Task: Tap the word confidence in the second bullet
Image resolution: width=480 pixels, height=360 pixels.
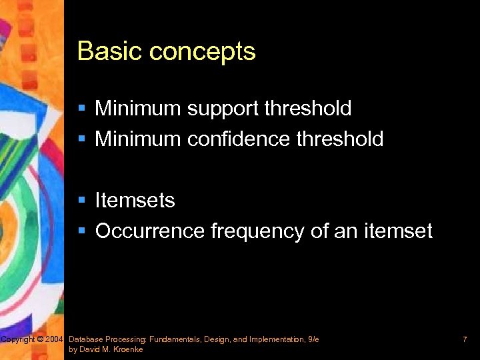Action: [238, 139]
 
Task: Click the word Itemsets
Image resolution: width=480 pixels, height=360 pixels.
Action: [135, 201]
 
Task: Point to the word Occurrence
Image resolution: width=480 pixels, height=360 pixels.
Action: [150, 231]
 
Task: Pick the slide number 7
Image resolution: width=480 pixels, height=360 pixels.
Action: [464, 340]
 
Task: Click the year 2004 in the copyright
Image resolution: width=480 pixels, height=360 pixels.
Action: [54, 340]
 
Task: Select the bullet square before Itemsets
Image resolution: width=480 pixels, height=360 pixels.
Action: [81, 201]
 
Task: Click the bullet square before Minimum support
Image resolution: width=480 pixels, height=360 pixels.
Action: [81, 109]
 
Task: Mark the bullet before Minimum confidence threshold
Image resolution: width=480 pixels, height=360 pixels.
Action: [81, 139]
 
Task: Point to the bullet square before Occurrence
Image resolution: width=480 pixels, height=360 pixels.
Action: [81, 232]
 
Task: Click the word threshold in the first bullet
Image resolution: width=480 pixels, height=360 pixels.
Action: [308, 108]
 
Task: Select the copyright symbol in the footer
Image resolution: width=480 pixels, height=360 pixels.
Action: [40, 340]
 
